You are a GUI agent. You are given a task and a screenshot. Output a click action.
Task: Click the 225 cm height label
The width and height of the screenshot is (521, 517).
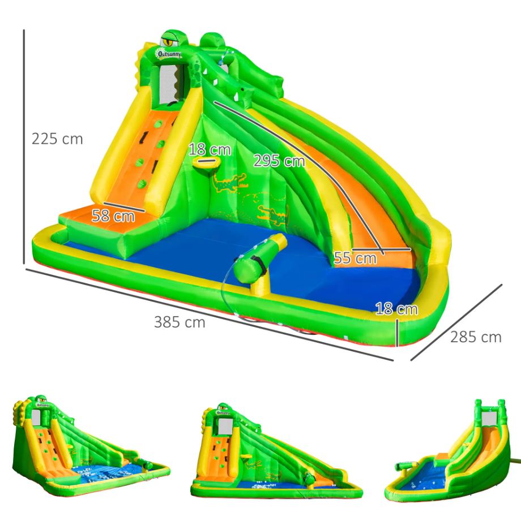57,139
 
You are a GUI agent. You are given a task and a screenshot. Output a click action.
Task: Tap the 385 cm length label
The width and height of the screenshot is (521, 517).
180,322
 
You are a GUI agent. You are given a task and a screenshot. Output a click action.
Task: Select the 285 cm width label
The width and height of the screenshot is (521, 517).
476,337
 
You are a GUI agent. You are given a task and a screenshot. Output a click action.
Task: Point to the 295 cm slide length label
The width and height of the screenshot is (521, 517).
279,161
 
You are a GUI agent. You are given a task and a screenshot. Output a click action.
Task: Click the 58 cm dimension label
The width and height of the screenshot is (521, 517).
113,216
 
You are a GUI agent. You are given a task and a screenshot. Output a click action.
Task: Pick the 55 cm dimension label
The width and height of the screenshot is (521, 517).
355,258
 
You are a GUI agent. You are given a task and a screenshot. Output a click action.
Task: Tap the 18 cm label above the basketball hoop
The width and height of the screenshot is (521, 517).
210,150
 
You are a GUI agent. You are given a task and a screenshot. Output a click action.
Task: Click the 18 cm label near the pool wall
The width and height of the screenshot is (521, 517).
396,309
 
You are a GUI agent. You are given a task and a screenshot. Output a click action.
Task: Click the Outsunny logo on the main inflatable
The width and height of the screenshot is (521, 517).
169,54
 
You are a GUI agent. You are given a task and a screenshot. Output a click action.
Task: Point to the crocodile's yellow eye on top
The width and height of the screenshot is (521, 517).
169,42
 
